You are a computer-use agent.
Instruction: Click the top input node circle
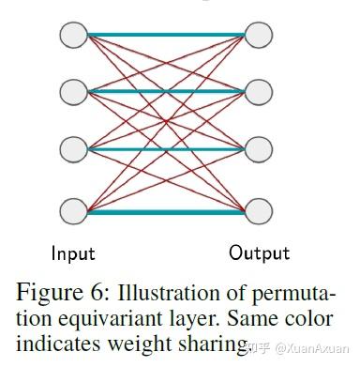[73, 35]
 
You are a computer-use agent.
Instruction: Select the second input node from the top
[73, 92]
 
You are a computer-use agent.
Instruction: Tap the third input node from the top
[73, 149]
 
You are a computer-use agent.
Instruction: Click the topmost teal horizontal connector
[166, 35]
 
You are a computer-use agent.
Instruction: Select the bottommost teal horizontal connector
[166, 211]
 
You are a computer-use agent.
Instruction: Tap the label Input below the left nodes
[73, 253]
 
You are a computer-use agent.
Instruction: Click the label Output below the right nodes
[260, 253]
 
